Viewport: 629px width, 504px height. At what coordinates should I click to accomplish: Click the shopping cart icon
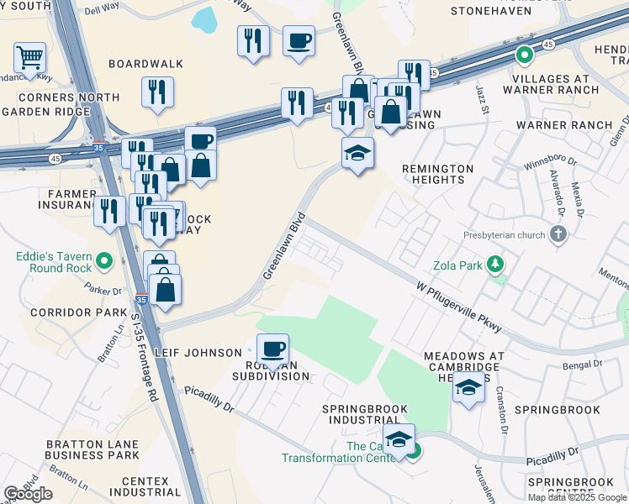coord(29,58)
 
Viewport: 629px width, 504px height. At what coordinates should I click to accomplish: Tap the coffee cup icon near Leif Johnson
coord(272,349)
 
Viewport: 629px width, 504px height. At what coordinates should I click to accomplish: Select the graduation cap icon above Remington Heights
coord(358,154)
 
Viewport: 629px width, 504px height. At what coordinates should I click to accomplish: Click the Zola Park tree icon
coord(496,265)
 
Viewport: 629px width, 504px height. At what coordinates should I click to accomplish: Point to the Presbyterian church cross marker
coord(557,235)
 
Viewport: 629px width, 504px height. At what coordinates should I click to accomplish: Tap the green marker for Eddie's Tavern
coord(104,261)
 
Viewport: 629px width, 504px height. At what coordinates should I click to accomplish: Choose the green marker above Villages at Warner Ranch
coord(524,57)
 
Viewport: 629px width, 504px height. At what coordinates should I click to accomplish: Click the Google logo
coord(29,494)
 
